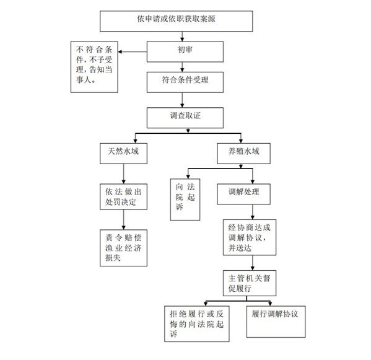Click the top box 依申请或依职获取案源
pos(177,21)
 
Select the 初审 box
pos(185,52)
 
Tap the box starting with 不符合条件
pos(94,67)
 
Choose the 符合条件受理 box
pos(185,82)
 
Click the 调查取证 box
pos(185,118)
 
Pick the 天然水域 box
pos(123,154)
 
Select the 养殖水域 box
pos(243,154)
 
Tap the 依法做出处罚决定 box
pos(123,196)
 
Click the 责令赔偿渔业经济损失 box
pos(123,248)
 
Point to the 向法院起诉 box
pos(185,200)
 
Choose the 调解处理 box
pos(243,194)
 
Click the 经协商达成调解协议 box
pos(250,237)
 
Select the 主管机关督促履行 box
pos(250,283)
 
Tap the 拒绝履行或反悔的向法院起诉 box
pos(197,324)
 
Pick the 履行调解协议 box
pos(276,322)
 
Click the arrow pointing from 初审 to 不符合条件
pos(133,52)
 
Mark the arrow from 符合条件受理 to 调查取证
pos(182,100)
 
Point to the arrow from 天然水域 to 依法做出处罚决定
pos(123,174)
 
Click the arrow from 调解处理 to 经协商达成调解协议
pos(253,212)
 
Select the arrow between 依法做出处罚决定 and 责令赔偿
pos(123,219)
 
